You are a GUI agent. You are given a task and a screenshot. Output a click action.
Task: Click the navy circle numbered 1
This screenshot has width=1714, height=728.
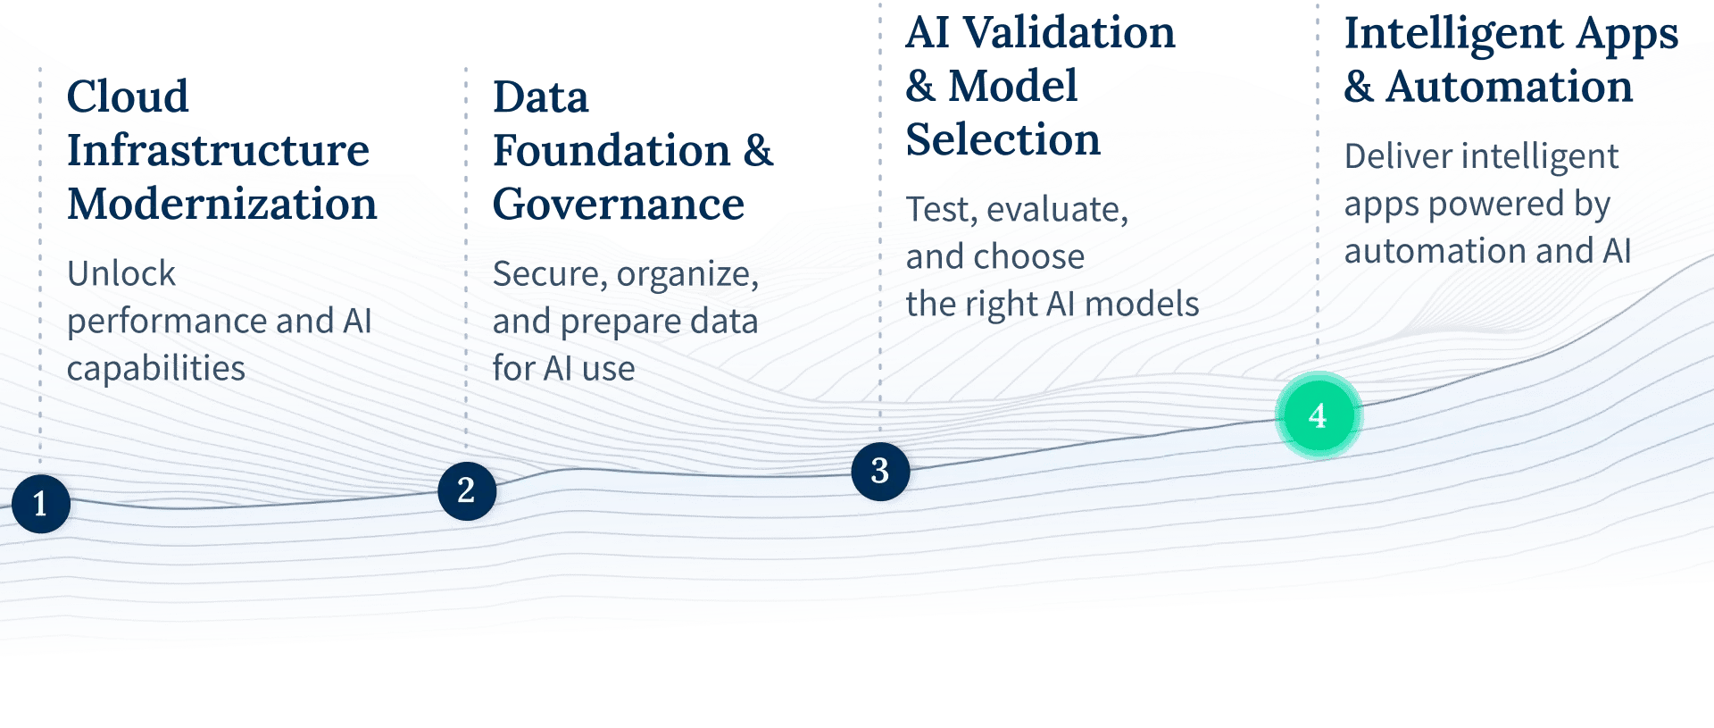pyautogui.click(x=40, y=504)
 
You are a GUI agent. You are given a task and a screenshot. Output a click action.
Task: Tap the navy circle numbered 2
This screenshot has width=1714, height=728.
pyautogui.click(x=466, y=490)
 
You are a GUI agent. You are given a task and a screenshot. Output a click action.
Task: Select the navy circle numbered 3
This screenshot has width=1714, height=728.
pyautogui.click(x=880, y=471)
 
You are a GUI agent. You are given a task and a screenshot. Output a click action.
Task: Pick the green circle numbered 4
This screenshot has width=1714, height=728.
pyautogui.click(x=1318, y=415)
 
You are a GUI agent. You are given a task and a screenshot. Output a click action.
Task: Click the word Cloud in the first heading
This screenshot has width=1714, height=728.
pyautogui.click(x=128, y=96)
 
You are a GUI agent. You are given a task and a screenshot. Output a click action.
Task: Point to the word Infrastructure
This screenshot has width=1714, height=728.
pyautogui.click(x=218, y=150)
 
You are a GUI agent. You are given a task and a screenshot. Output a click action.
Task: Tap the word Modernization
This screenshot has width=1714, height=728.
pyautogui.click(x=222, y=205)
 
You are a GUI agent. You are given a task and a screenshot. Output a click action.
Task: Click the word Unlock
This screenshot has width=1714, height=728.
pyautogui.click(x=121, y=273)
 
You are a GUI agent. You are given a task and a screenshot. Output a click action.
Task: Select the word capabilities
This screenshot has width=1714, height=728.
pyautogui.click(x=155, y=368)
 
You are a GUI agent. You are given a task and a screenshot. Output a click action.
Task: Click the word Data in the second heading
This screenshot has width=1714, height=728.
pyautogui.click(x=541, y=97)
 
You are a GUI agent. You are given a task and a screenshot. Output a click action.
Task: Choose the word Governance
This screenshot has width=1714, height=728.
pyautogui.click(x=618, y=205)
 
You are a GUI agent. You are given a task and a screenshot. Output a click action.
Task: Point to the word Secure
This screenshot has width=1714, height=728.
pyautogui.click(x=548, y=274)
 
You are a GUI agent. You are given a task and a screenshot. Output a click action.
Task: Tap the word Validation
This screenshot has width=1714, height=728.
pyautogui.click(x=1069, y=33)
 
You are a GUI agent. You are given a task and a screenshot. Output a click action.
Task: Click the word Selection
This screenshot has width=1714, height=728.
pyautogui.click(x=1003, y=140)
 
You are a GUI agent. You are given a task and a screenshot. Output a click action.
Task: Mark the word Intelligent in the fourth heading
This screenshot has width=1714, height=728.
pyautogui.click(x=1452, y=34)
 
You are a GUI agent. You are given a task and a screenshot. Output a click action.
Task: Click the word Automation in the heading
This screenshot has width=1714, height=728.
pyautogui.click(x=1509, y=88)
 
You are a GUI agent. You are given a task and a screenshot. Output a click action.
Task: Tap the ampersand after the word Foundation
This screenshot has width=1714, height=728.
pyautogui.click(x=758, y=150)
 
